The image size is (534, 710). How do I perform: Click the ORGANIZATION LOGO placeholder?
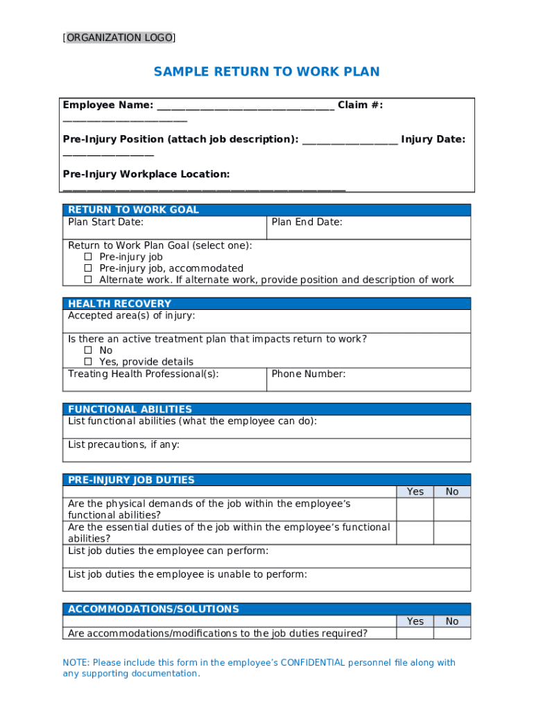point(119,38)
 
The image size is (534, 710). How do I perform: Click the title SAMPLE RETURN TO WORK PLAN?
point(266,72)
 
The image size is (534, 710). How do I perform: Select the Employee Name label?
point(108,105)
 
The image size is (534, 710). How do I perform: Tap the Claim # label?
point(360,105)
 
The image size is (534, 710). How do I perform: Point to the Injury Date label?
point(433,139)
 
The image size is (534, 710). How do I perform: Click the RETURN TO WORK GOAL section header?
point(133,210)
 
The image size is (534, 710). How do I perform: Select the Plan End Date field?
point(368,227)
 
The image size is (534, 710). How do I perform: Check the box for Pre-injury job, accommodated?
point(88,268)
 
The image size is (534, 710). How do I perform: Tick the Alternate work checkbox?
point(88,280)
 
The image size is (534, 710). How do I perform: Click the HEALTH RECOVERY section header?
point(119,304)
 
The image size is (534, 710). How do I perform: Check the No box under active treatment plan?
point(88,351)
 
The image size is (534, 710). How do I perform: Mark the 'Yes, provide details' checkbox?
point(88,362)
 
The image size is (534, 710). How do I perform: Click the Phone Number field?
point(368,379)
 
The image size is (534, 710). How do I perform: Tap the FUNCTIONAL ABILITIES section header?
point(130,409)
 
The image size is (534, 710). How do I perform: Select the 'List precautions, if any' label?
point(123,444)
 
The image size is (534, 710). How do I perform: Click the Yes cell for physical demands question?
point(415,510)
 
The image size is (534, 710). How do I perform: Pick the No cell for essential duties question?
point(452,532)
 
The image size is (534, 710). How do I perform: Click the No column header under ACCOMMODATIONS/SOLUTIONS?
point(452,621)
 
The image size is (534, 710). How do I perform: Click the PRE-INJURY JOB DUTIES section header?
point(131,480)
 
